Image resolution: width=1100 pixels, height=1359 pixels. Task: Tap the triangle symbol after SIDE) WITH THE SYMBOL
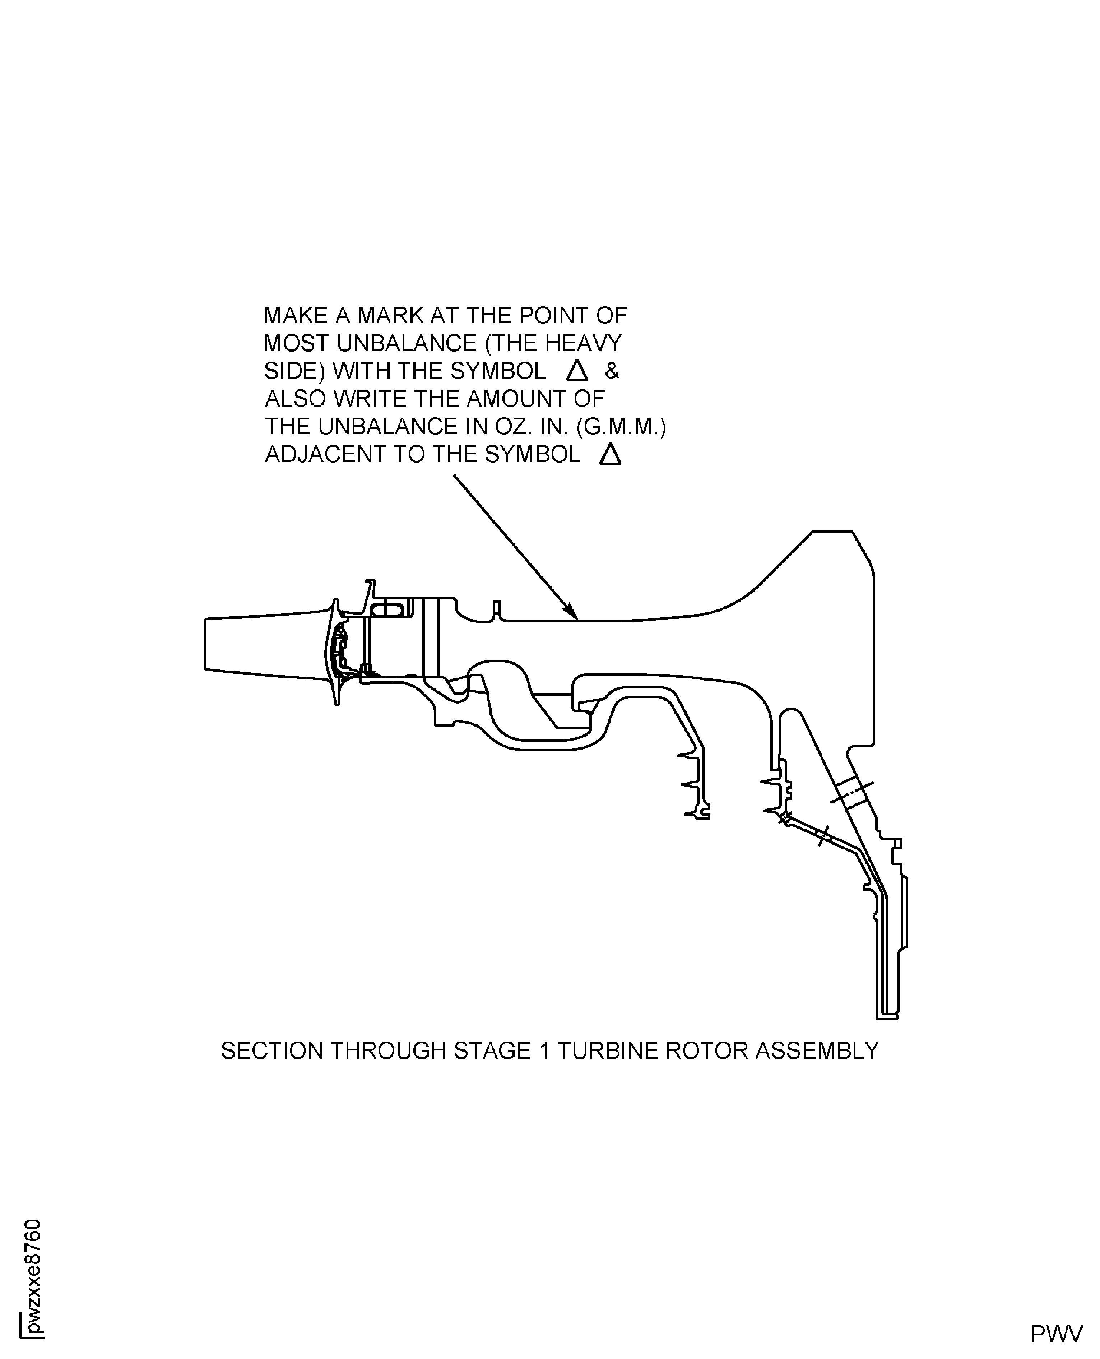577,371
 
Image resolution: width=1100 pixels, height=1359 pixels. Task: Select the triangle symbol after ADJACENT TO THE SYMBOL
609,454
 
